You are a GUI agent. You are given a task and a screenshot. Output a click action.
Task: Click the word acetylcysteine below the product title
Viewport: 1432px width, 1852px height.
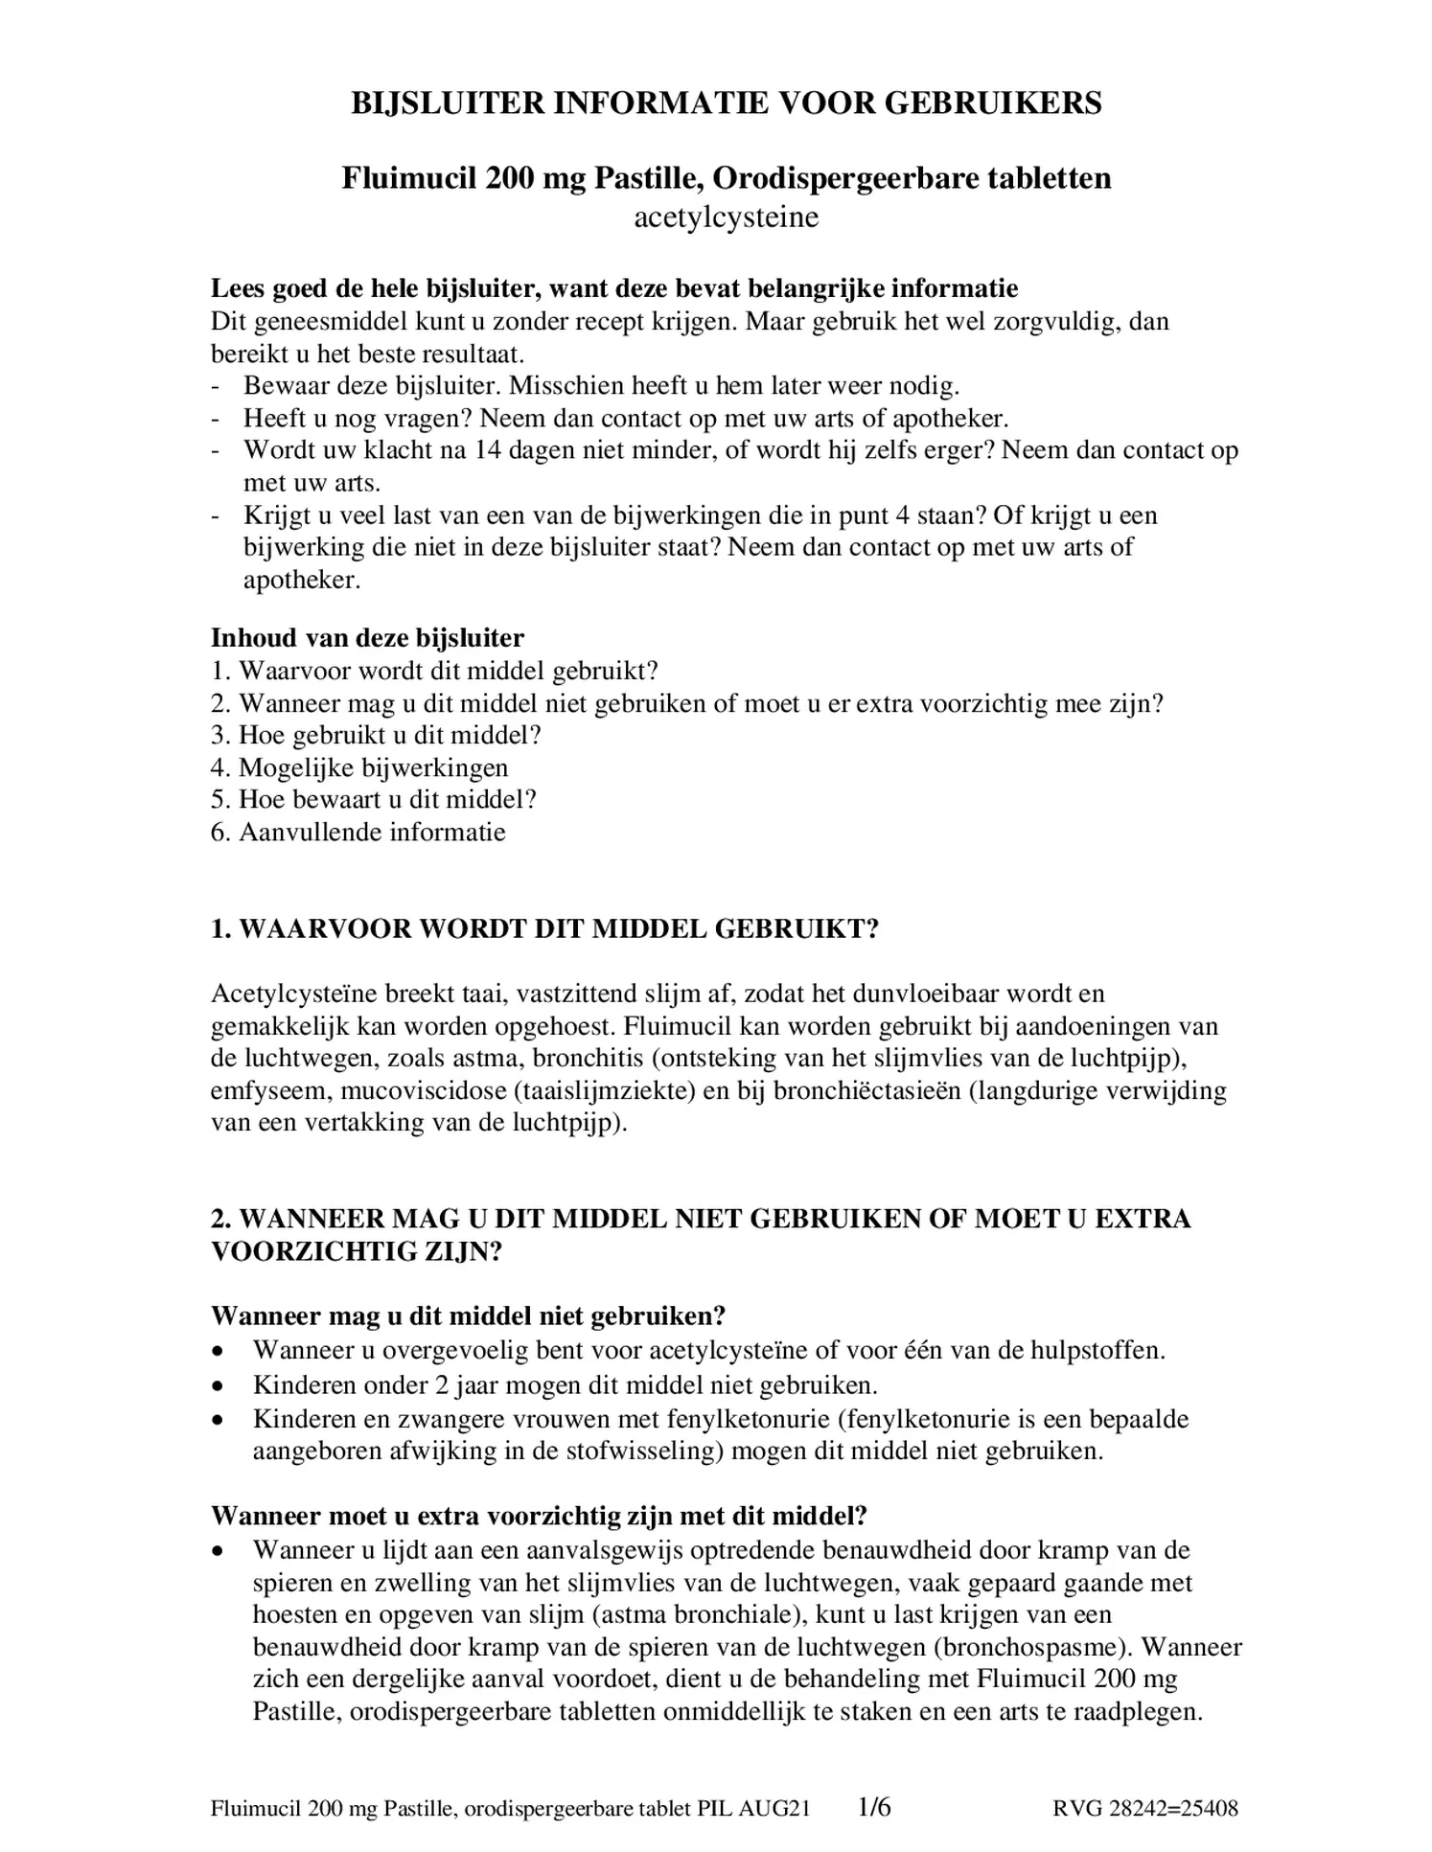pos(726,217)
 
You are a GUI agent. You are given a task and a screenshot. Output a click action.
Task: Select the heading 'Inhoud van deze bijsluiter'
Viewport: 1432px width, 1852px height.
pos(367,638)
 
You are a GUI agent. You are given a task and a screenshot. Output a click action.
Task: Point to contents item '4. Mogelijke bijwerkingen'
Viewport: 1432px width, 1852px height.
pos(359,767)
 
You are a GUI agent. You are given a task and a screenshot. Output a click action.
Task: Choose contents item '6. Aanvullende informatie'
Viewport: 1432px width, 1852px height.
pos(358,832)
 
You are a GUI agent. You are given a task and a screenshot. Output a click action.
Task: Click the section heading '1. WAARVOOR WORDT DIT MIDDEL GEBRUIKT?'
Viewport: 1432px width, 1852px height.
pos(543,929)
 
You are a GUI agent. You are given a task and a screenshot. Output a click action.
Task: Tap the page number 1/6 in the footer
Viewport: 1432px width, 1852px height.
pos(874,1808)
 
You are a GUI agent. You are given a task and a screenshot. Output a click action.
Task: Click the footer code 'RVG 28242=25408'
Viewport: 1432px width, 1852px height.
pos(1144,1809)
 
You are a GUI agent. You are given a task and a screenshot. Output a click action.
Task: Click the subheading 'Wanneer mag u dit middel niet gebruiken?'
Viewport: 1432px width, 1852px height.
pos(468,1315)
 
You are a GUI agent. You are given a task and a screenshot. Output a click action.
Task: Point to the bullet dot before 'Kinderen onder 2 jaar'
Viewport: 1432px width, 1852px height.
pos(219,1386)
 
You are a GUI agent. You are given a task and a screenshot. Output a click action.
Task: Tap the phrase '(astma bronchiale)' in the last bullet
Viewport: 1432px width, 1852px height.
pos(697,1614)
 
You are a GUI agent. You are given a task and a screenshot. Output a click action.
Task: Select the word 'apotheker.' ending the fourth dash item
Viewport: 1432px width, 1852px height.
pos(302,581)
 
